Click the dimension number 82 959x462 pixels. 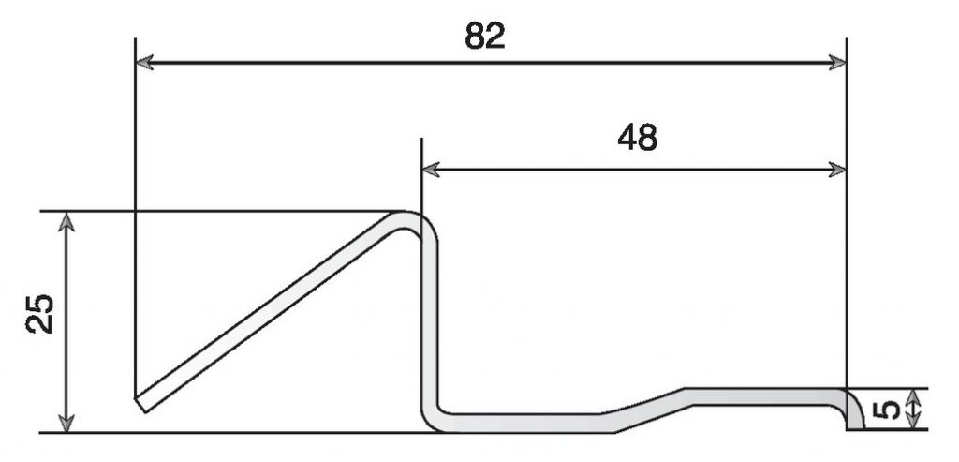(485, 37)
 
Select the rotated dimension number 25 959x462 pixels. (40, 314)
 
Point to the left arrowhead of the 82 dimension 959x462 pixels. (144, 63)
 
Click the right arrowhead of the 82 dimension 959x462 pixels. (837, 63)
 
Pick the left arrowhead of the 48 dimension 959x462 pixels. (431, 170)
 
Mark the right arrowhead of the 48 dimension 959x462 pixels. (837, 170)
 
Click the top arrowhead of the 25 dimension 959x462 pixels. (66, 221)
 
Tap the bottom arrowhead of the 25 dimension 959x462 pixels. (66, 423)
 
